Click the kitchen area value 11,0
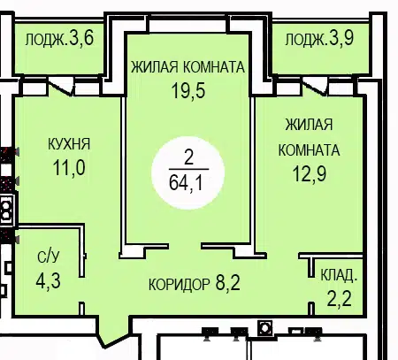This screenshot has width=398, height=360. point(69,168)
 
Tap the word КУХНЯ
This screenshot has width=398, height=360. point(69,144)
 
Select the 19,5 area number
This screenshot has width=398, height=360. point(188,90)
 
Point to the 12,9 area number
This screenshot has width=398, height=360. point(310,173)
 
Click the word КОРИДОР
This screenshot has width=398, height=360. point(180,285)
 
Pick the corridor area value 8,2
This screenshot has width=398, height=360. point(228,282)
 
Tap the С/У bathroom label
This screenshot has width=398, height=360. point(49,257)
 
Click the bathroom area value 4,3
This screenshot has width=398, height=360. point(49,280)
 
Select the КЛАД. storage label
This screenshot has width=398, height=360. point(339,275)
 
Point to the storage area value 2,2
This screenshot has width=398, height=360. point(340,298)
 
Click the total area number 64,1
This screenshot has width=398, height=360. point(186,183)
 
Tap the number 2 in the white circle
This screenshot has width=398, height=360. point(188,157)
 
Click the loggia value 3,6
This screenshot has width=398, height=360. point(81,38)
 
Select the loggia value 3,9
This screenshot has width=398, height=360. point(341,38)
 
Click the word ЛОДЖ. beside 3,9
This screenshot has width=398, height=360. point(306,40)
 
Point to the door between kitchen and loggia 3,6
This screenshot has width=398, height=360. point(61,88)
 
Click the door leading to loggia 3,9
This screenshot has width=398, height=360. point(315,88)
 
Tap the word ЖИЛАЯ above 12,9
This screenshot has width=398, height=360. point(309,125)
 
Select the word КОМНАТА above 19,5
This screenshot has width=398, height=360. point(214,67)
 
